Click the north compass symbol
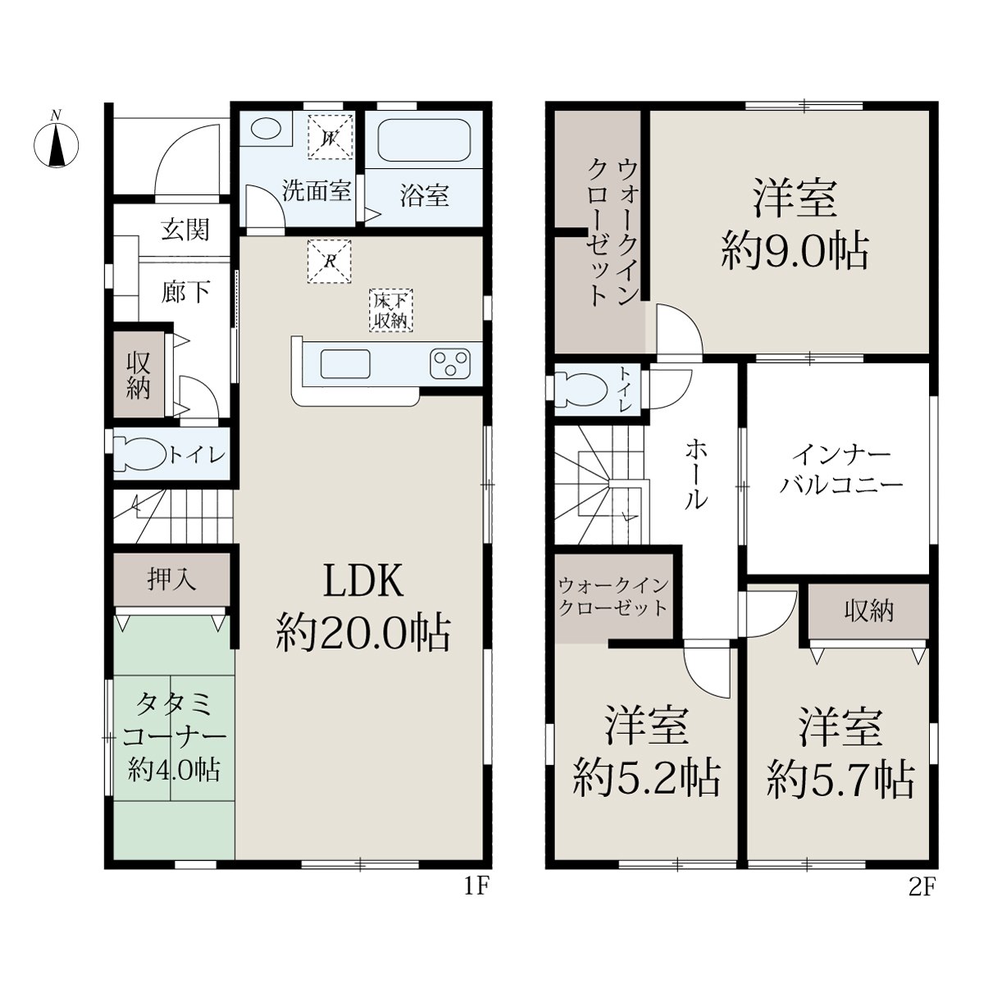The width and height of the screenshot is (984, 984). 57,143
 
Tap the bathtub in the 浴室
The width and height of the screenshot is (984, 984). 424,139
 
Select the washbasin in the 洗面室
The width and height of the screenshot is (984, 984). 266,128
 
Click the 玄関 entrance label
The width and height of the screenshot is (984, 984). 185,230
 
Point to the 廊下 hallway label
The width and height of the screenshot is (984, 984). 185,292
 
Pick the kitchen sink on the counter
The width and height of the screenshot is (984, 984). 345,363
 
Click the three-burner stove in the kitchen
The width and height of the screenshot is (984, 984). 450,363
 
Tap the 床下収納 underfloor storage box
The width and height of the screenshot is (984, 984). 391,311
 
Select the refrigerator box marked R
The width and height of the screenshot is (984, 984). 330,261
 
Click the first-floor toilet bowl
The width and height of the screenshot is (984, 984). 140,454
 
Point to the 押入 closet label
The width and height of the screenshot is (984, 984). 171,580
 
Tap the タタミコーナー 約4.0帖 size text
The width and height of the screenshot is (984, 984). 175,738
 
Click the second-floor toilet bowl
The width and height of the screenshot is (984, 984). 581,389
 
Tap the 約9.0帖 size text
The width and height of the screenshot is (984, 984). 795,251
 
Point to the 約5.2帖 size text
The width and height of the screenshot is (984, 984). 646,779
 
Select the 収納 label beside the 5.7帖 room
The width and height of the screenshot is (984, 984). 868,611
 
